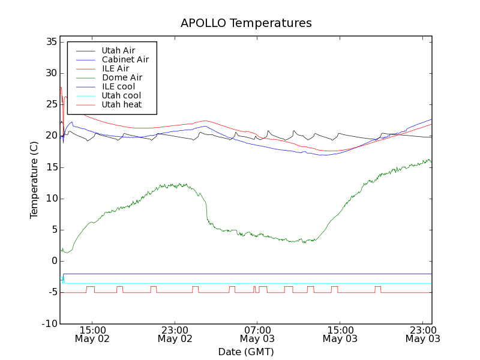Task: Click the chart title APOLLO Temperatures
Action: click(246, 23)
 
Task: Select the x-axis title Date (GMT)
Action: click(246, 352)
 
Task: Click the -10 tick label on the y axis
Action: click(49, 324)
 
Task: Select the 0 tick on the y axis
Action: click(54, 261)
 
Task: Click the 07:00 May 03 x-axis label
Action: click(257, 334)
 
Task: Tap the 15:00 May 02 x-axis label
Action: click(92, 334)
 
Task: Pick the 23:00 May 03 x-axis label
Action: click(422, 334)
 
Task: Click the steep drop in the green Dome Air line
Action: click(207, 210)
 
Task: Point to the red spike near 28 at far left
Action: click(61, 88)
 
